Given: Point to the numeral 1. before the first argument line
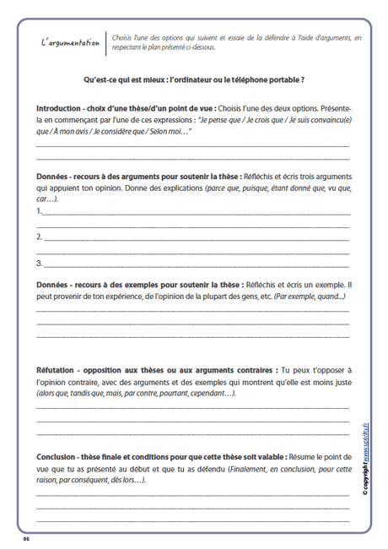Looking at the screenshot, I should click(40, 210).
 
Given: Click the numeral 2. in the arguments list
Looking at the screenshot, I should click(40, 237).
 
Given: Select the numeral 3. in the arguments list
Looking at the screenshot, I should click(40, 264).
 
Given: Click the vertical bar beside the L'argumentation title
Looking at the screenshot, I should click(107, 43).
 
